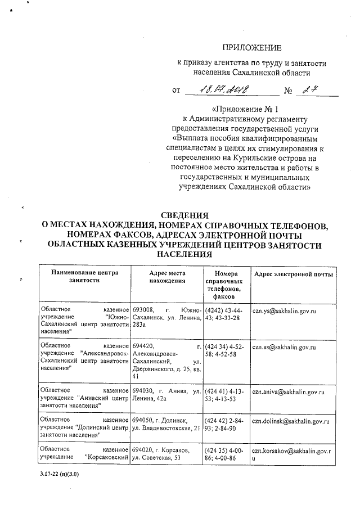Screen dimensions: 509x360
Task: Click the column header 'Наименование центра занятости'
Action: click(x=84, y=278)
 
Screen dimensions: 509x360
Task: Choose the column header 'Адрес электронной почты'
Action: click(x=293, y=274)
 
